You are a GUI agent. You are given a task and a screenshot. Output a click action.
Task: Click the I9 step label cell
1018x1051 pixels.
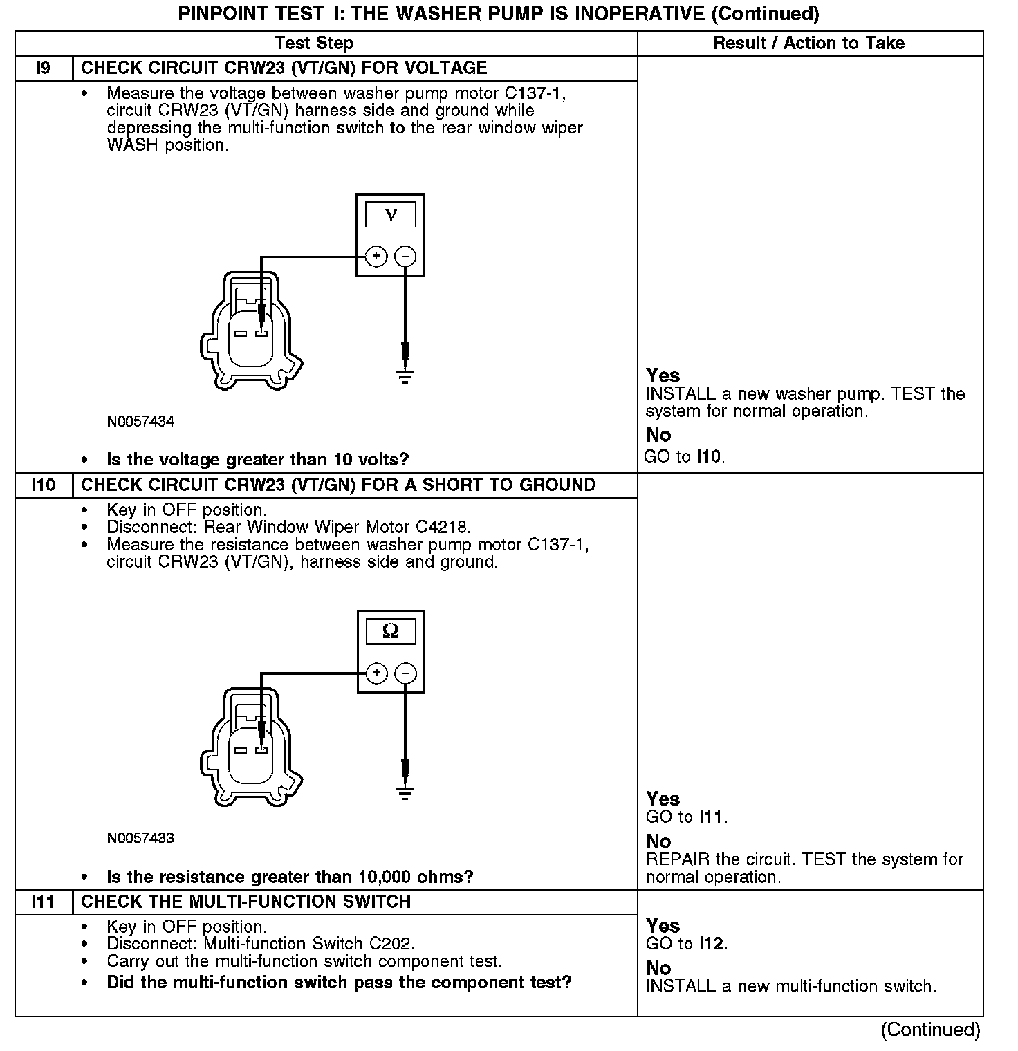(43, 68)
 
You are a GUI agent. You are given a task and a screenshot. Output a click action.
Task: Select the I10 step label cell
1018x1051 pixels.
(43, 485)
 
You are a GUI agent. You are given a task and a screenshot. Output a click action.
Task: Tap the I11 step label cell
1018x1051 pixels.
(43, 902)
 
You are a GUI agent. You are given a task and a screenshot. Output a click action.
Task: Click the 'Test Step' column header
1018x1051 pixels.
(314, 44)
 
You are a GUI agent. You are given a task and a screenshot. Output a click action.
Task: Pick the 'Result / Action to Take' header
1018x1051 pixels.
(808, 44)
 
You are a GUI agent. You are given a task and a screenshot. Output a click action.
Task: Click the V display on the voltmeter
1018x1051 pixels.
(391, 214)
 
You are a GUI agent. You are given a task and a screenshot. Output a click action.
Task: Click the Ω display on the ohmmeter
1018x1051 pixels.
(391, 631)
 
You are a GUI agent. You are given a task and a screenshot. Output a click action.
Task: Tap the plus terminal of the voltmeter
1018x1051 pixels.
(376, 257)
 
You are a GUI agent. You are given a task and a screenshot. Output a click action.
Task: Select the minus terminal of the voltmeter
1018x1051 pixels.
(405, 257)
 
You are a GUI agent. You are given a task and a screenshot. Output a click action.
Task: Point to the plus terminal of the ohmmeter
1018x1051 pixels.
(376, 673)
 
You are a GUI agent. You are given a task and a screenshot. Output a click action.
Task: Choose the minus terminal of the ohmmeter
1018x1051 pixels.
(406, 673)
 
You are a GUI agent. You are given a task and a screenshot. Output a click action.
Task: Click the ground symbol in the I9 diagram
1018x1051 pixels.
(405, 377)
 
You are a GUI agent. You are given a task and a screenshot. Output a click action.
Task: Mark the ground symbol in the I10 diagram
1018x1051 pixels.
(406, 793)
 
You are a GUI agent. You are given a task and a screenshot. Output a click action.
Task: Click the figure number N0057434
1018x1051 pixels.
(140, 422)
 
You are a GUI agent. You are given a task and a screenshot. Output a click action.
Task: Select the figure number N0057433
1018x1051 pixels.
(140, 839)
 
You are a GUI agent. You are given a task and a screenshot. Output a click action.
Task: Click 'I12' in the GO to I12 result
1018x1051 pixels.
(712, 944)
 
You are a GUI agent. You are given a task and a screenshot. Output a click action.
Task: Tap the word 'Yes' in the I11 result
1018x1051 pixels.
(663, 926)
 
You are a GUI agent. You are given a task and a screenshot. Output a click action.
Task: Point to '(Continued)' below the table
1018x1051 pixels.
(930, 1030)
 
